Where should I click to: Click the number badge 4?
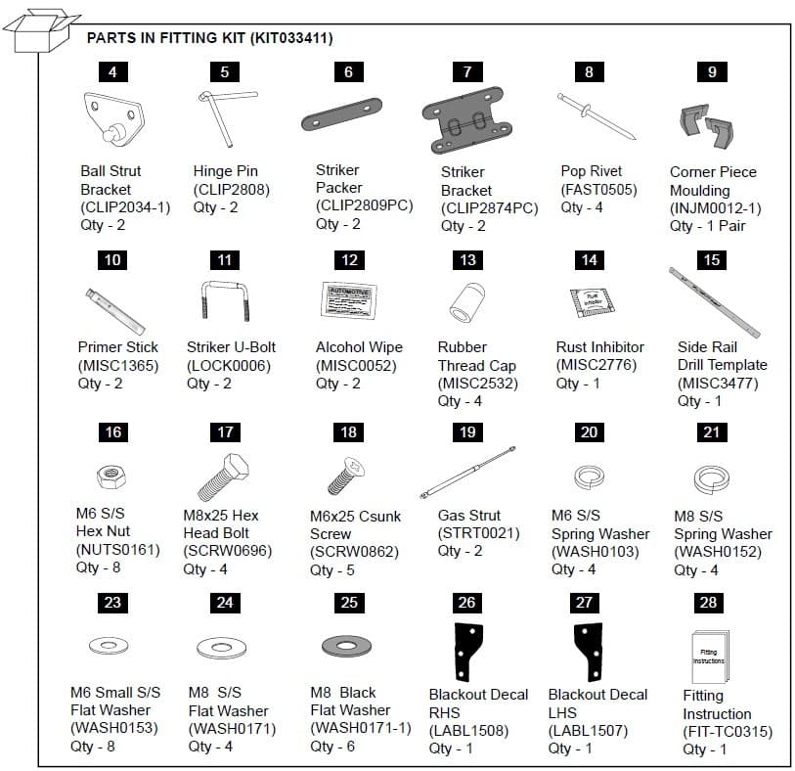tap(112, 71)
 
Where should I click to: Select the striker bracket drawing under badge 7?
tap(467, 123)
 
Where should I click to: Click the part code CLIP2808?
tap(231, 189)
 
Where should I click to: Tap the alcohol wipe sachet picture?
tap(347, 298)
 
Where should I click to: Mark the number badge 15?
tap(711, 259)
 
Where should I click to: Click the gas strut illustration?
tap(467, 474)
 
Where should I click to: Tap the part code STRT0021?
tap(478, 533)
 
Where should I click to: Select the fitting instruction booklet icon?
tap(709, 652)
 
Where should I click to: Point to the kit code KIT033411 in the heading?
tap(291, 38)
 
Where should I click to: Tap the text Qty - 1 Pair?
tap(707, 226)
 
